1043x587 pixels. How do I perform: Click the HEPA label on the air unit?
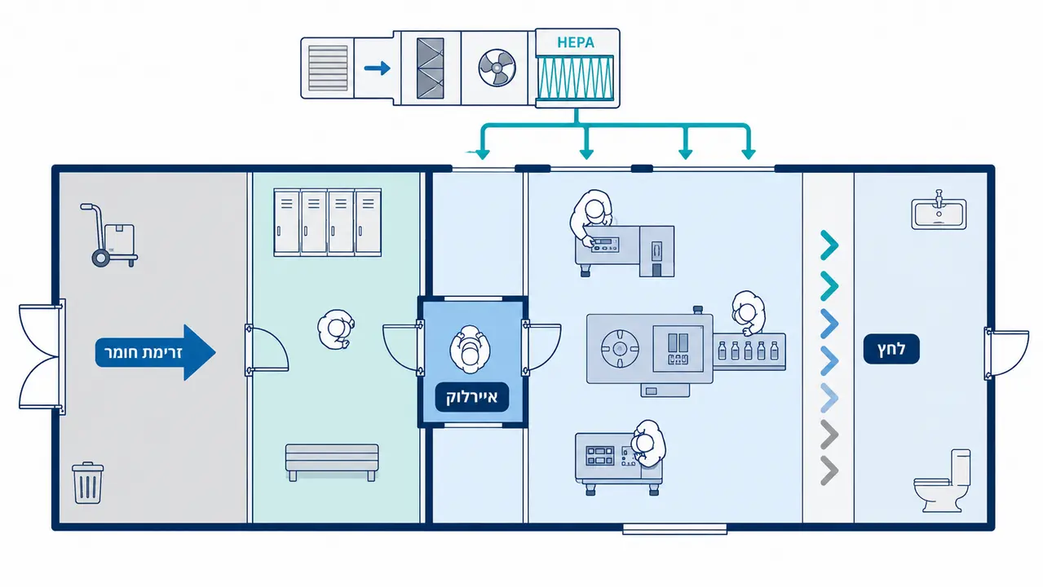point(576,42)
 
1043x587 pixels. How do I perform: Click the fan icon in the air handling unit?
point(497,68)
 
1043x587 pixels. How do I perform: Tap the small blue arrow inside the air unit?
point(377,68)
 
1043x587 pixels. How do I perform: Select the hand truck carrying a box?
point(109,235)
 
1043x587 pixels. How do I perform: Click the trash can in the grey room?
point(87,483)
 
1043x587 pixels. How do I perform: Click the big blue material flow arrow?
point(155,352)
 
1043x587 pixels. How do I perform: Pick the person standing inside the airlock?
point(470,349)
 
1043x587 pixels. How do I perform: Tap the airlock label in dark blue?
point(471,397)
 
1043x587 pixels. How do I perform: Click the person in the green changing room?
point(336,329)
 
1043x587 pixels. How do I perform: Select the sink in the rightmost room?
point(939,210)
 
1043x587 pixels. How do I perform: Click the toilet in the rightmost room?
point(943,481)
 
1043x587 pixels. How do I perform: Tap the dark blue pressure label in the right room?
point(891,349)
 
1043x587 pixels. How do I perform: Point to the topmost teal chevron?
point(829,245)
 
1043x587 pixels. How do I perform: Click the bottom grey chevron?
point(829,470)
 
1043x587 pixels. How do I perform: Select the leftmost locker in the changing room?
point(287,222)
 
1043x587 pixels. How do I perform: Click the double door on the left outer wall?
point(41,356)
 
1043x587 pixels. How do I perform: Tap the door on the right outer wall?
point(1005,354)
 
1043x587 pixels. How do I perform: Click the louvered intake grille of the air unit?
point(328,68)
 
